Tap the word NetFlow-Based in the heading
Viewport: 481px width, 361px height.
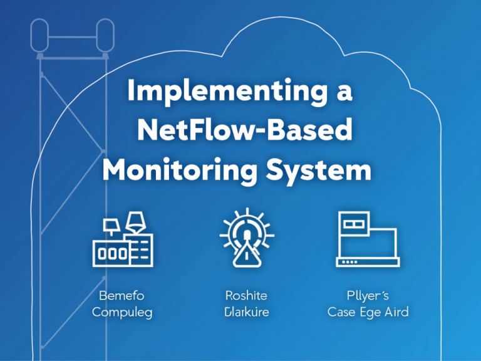[x=244, y=131]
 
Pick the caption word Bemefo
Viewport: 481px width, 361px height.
[x=122, y=294]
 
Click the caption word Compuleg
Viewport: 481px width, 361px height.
[x=122, y=311]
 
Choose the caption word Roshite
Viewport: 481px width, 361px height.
[x=246, y=294]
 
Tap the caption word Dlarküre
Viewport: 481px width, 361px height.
[x=246, y=311]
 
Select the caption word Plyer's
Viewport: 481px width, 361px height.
[x=367, y=294]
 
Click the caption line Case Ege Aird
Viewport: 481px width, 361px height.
[x=367, y=311]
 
